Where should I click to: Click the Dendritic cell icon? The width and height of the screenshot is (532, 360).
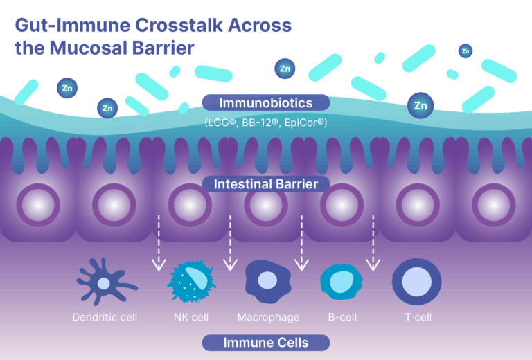[x=105, y=282]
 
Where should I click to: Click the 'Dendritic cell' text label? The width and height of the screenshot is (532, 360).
[x=105, y=318]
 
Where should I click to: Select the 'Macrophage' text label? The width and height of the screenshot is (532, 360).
[x=268, y=318]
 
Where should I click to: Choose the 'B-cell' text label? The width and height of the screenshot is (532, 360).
[x=342, y=318]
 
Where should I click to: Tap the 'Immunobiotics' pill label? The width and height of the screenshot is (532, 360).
[x=266, y=103]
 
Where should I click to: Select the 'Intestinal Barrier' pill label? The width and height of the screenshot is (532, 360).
[x=266, y=185]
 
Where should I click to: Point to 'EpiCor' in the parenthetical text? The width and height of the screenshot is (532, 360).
[x=305, y=123]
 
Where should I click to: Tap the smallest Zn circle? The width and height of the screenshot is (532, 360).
[x=465, y=51]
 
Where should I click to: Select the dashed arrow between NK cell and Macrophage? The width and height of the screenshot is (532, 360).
[x=229, y=242]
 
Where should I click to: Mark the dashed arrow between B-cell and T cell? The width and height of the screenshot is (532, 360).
[x=374, y=242]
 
